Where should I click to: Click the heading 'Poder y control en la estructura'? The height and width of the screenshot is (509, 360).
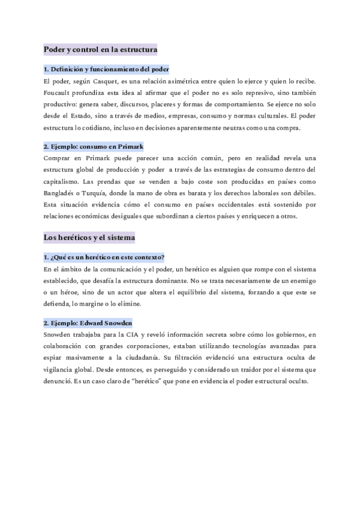101,49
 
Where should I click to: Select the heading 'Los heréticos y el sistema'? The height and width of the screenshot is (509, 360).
89,238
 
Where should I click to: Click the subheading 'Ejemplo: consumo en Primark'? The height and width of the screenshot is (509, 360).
93,146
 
